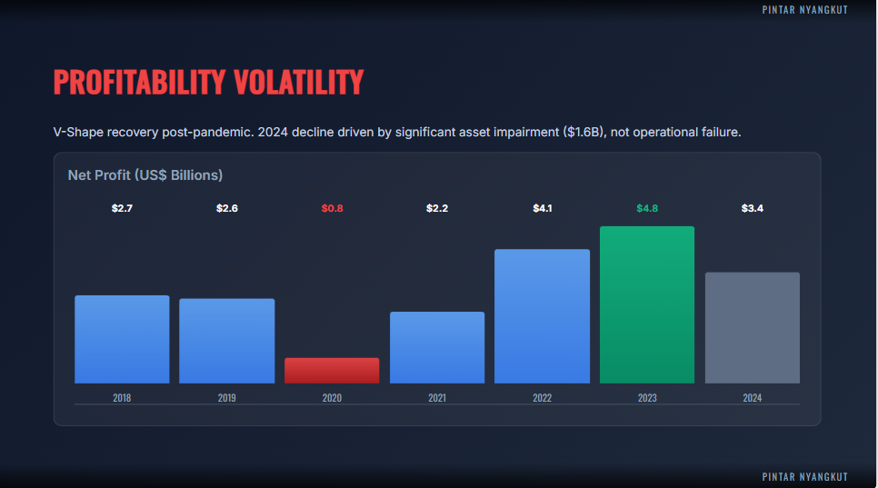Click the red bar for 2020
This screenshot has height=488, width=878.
coord(332,370)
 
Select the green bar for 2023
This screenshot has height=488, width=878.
coord(647,304)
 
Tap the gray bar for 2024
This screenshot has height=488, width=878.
coord(753,327)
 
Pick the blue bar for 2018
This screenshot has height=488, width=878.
coord(122,339)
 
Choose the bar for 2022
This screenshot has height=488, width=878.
coord(542,316)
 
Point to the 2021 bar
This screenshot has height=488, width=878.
coord(437,347)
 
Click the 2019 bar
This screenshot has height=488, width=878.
coord(227,341)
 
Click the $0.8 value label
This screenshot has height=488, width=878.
coord(332,209)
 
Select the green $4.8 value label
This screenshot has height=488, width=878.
coord(647,209)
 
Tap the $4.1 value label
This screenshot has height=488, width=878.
coord(543,209)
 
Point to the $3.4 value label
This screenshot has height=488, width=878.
coord(753,209)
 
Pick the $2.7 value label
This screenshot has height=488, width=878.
coord(122,209)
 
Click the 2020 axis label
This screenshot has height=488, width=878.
coord(332,398)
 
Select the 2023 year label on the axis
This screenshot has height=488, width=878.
coord(647,398)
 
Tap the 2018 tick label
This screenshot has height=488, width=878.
coord(122,398)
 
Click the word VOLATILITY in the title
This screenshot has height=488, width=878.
coord(298,82)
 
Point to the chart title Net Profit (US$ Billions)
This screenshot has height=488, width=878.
coord(145,174)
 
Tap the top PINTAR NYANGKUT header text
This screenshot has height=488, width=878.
coord(805,9)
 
